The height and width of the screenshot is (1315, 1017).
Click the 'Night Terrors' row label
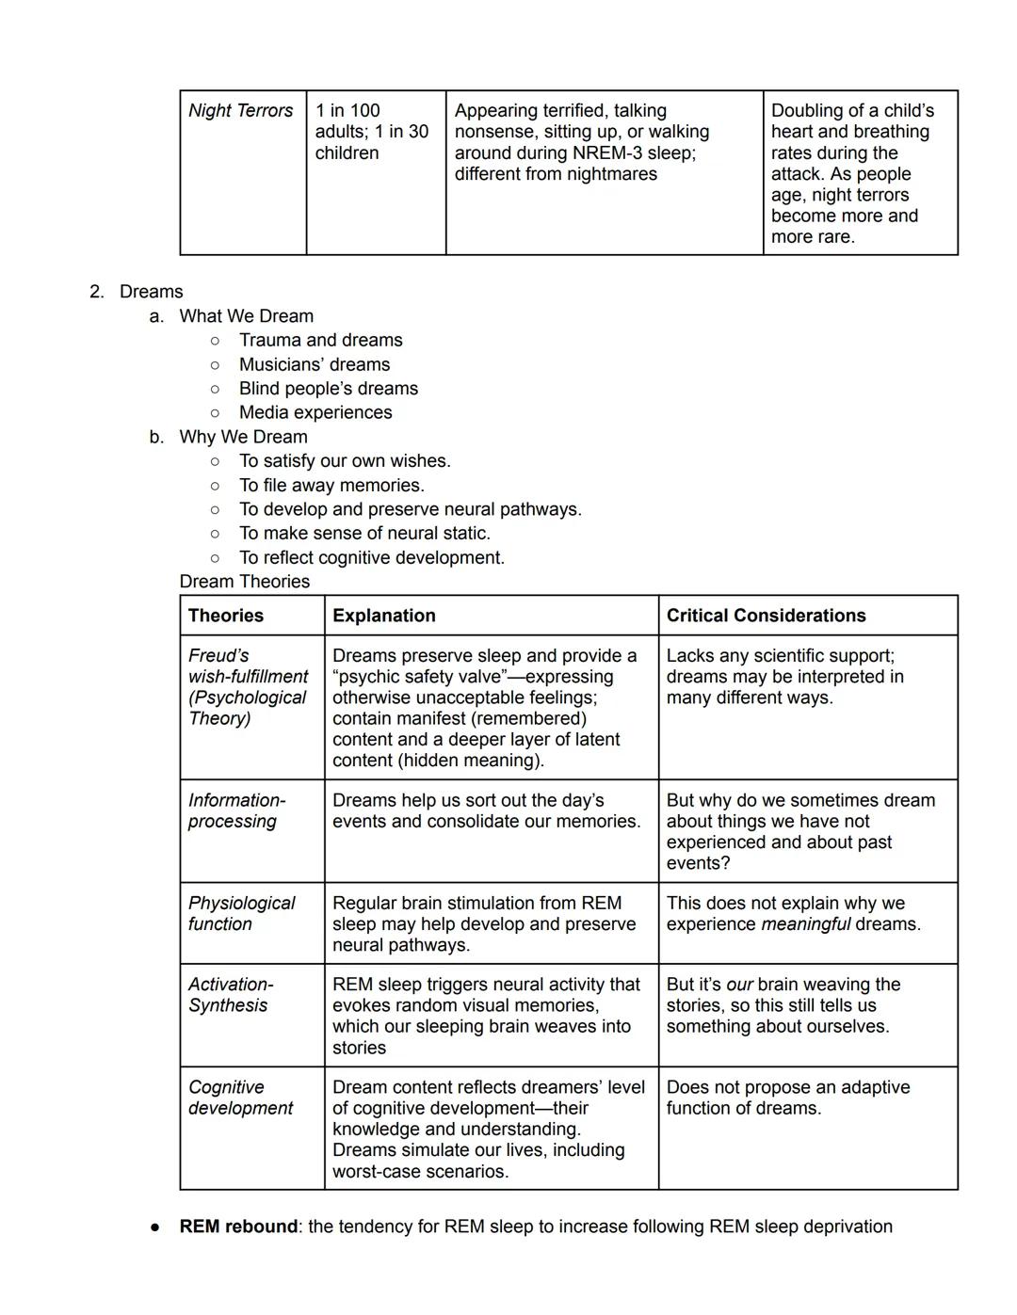click(240, 111)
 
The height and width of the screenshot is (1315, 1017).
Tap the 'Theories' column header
click(226, 616)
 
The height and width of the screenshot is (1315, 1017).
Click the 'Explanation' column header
click(384, 616)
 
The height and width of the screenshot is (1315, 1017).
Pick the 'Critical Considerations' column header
click(766, 616)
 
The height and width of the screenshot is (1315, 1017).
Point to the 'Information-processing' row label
click(236, 810)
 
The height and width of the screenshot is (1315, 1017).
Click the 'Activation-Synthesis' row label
click(231, 995)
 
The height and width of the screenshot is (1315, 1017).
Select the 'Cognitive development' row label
click(240, 1098)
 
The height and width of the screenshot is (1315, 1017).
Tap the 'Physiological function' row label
click(241, 913)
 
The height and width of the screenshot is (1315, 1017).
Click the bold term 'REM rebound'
click(238, 1227)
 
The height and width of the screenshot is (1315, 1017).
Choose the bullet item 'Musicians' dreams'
click(314, 364)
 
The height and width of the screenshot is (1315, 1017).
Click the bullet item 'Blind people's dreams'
click(328, 389)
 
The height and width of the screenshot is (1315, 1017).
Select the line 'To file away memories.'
click(331, 485)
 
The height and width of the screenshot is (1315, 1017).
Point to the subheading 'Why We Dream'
click(243, 437)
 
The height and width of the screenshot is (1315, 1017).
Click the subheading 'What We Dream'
click(246, 316)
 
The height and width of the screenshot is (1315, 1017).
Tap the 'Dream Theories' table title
click(244, 582)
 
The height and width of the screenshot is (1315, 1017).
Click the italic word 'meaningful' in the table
click(805, 924)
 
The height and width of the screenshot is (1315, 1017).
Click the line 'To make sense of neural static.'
click(364, 533)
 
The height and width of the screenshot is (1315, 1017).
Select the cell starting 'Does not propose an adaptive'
click(787, 1098)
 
